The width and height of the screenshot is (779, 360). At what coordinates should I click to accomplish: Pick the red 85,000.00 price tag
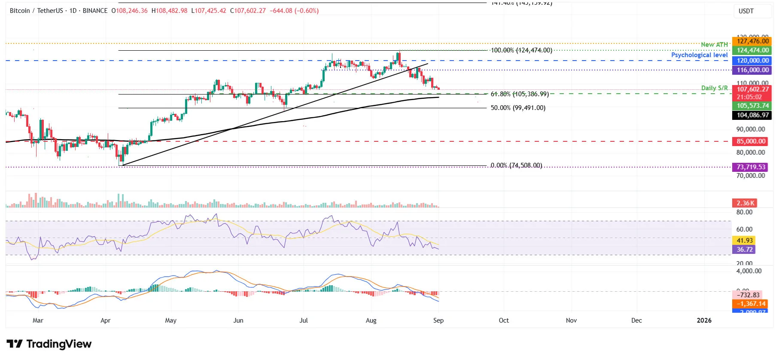point(751,141)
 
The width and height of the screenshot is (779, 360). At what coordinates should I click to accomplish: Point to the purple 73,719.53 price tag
point(751,167)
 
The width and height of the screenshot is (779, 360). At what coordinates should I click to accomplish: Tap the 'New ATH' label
point(714,45)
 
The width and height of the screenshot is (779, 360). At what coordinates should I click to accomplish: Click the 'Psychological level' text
point(699,55)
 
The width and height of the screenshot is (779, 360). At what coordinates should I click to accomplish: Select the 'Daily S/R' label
point(714,88)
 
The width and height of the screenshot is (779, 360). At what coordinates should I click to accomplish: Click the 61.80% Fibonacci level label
point(520,94)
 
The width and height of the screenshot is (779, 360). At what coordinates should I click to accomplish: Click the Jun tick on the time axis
point(238,320)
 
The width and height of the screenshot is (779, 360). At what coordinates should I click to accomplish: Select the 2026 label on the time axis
point(704,320)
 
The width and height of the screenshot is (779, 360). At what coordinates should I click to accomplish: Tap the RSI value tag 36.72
point(744,250)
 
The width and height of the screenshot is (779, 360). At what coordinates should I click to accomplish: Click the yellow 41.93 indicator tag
point(744,241)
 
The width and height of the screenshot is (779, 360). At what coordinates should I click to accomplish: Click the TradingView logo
point(49,344)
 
